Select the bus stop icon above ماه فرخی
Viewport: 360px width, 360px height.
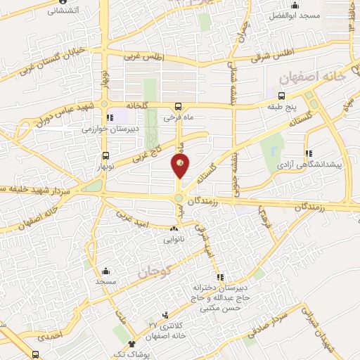[177, 106]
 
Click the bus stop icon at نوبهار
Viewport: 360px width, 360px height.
[105, 155]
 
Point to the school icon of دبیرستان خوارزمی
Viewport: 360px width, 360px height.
[109, 118]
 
